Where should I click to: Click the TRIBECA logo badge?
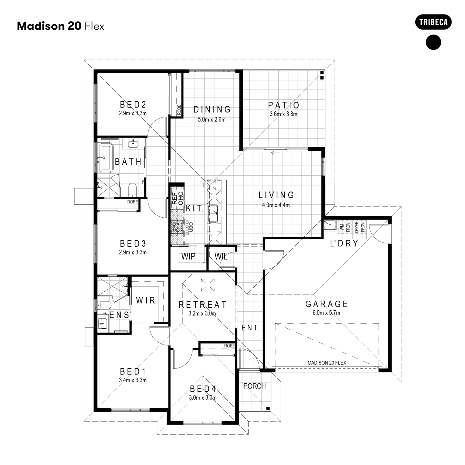433,22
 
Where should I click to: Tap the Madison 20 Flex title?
60,26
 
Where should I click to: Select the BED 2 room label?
133,105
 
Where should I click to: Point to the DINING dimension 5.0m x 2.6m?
212,120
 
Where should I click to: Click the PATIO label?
284,105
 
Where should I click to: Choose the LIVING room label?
276,195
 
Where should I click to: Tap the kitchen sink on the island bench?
213,213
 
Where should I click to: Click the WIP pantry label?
188,256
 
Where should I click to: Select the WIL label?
221,256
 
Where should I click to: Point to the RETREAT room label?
202,305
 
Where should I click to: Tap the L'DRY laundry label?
344,243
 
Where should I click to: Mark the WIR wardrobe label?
146,300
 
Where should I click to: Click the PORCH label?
254,386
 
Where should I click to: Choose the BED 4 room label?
202,389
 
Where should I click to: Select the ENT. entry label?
250,328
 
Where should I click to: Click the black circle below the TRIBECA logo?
433,42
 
